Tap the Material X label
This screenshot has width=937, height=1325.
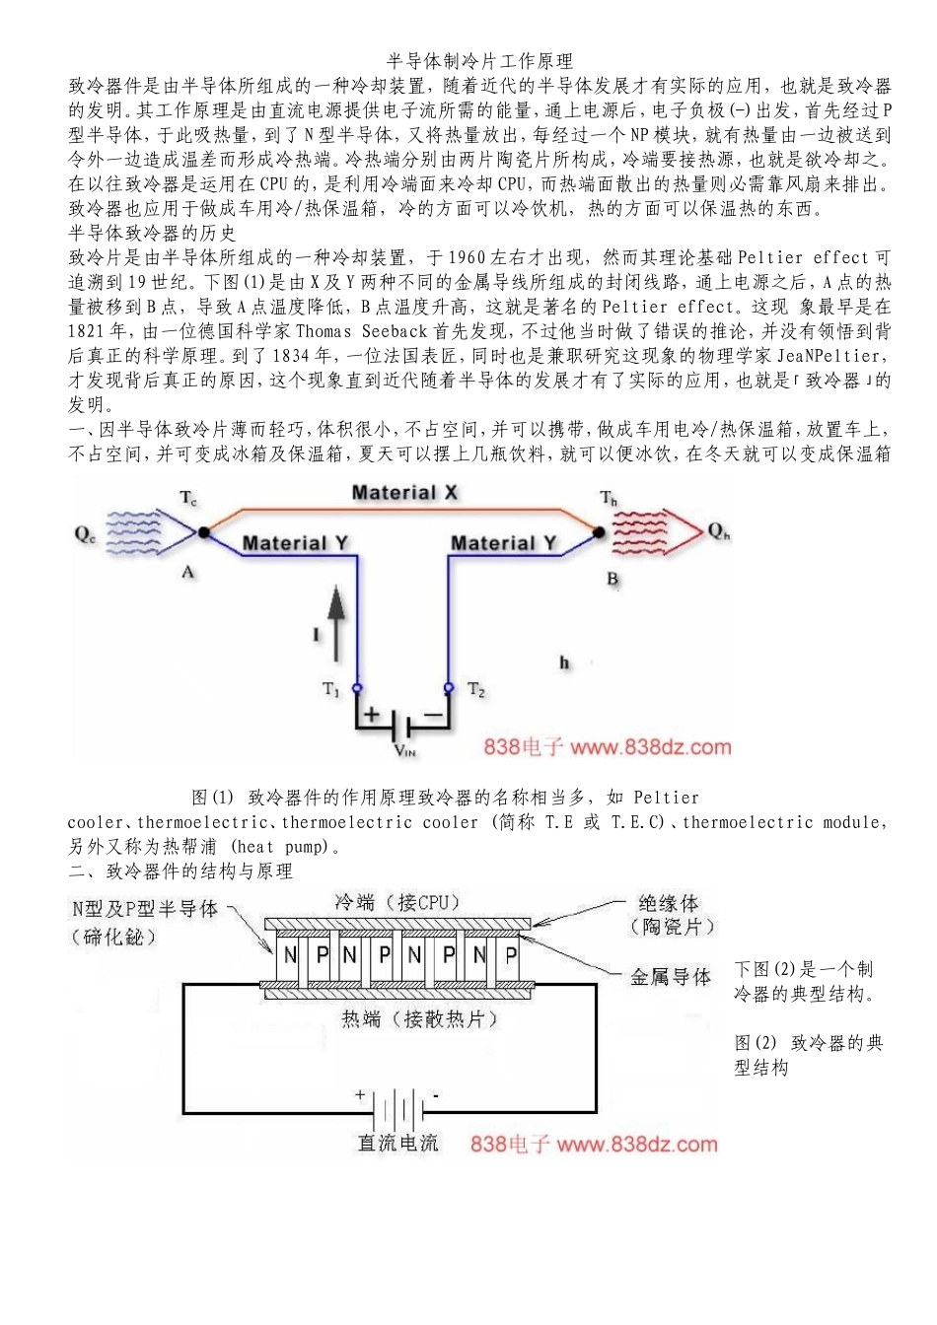point(404,493)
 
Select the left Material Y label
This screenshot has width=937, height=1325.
point(294,543)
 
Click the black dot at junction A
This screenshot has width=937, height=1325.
point(203,532)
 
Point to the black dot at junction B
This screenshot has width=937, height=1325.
point(598,532)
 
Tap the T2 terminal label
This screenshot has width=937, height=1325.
point(476,690)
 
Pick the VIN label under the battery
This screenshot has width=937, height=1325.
point(404,751)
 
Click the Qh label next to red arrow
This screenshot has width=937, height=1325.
point(719,531)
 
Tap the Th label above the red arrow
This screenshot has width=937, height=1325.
point(610,498)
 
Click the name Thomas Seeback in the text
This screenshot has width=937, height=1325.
point(361,331)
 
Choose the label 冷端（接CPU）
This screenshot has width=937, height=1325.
point(397,902)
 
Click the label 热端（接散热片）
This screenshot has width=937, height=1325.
point(420,1019)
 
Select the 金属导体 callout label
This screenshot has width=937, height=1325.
point(671,977)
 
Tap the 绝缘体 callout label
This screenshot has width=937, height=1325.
point(668,903)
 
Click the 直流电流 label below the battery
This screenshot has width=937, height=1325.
point(397,1144)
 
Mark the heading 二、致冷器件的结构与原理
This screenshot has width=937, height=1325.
point(180,872)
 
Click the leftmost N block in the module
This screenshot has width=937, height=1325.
point(290,954)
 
